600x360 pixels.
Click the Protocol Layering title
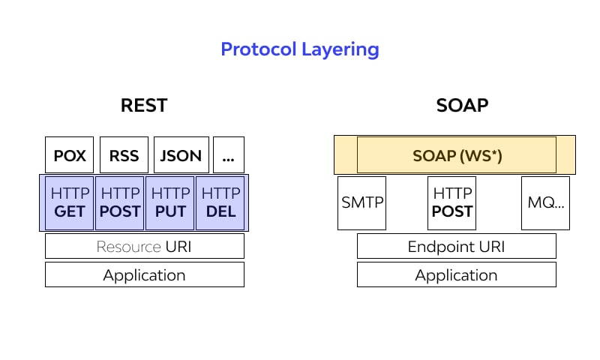tap(299, 49)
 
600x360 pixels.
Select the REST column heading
tap(144, 105)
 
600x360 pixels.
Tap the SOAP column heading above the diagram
tap(462, 105)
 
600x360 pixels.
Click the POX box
tap(70, 155)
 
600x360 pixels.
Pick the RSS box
tap(124, 155)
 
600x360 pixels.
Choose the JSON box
tap(181, 155)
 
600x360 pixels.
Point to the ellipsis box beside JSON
tap(228, 155)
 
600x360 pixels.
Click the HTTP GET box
tap(70, 202)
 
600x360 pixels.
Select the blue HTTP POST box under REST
tap(120, 202)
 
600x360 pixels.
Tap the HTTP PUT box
tap(170, 202)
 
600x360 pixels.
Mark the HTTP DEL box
tap(220, 202)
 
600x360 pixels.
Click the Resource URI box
tap(145, 246)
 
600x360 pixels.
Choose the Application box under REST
tap(145, 274)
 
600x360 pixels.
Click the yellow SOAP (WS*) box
tap(456, 155)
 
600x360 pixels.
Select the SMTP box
tap(362, 202)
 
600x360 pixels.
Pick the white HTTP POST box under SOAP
tap(452, 202)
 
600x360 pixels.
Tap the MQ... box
tap(545, 202)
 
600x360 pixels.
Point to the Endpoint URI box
tap(456, 246)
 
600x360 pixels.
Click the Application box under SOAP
tap(456, 274)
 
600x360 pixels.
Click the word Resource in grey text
tap(128, 246)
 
